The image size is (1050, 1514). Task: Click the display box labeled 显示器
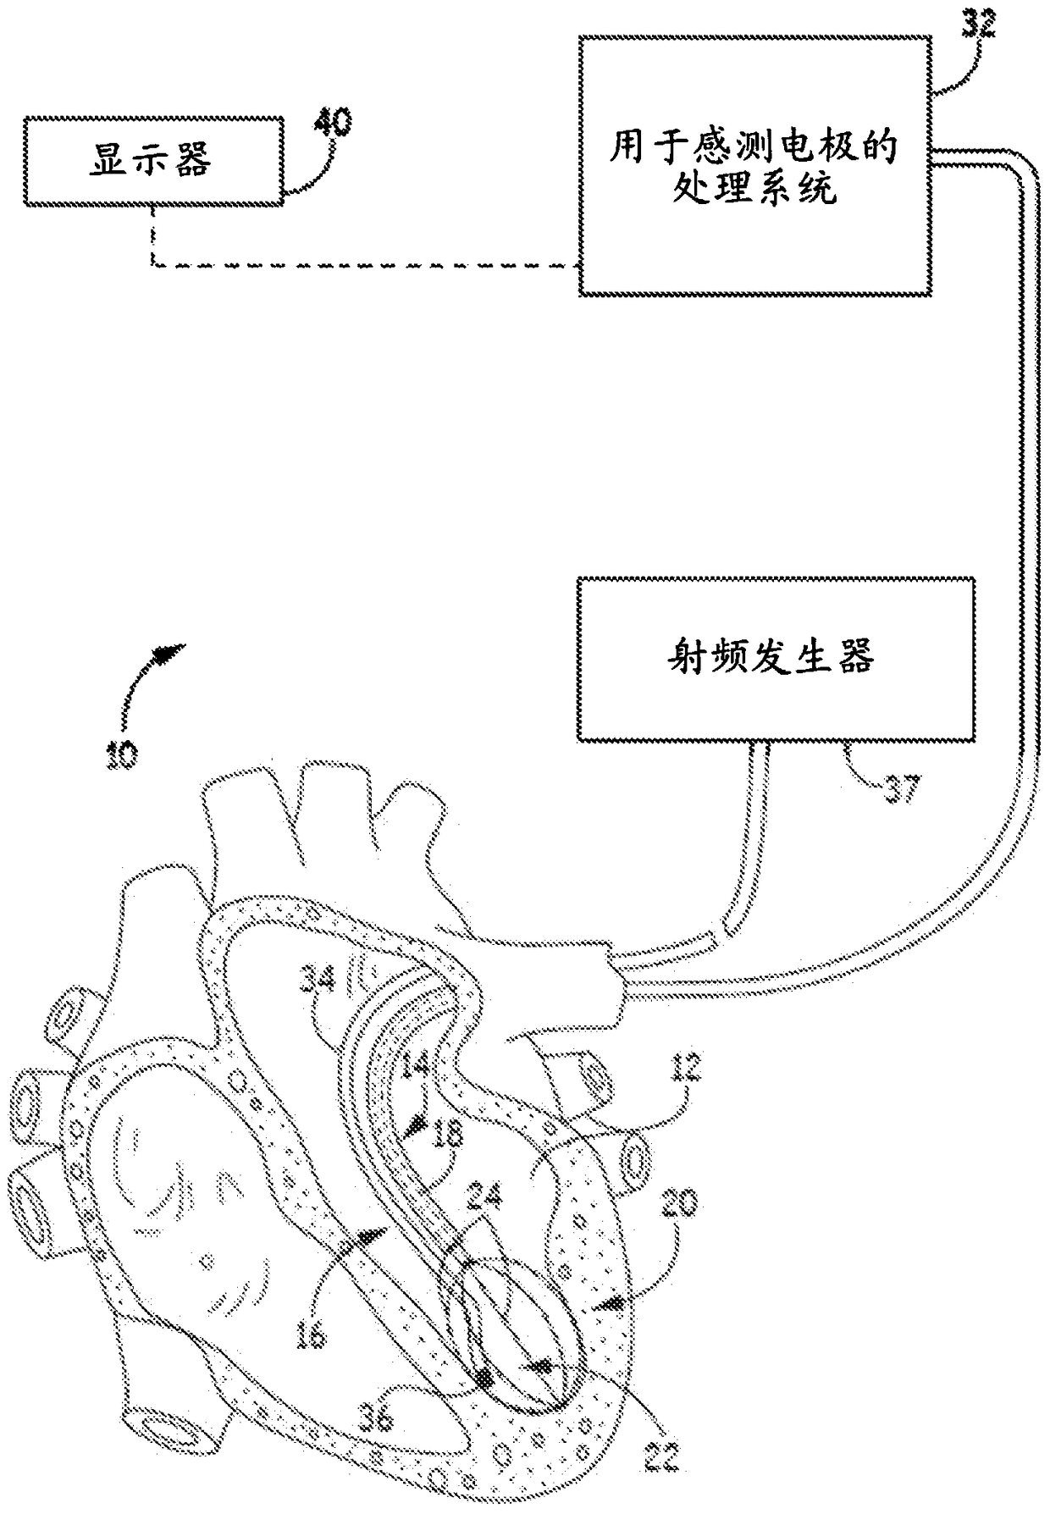click(x=153, y=160)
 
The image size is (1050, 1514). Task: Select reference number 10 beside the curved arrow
click(x=120, y=753)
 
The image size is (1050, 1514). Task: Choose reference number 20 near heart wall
click(x=677, y=1203)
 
